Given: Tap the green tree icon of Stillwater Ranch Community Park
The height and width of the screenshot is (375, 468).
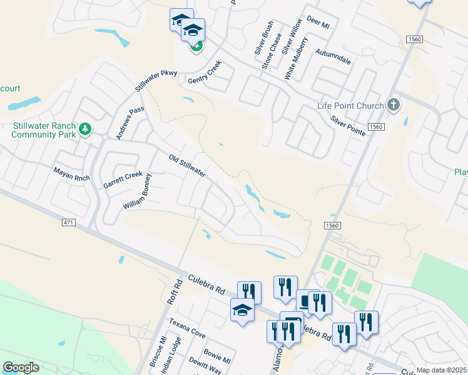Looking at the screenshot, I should [85, 130].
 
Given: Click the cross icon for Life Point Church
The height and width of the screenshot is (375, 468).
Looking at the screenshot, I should [393, 104].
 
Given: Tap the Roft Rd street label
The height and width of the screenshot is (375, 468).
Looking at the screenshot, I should [174, 291].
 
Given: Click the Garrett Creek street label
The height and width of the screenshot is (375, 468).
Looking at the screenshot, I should [123, 180].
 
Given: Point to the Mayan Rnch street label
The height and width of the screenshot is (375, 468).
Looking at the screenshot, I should [72, 174].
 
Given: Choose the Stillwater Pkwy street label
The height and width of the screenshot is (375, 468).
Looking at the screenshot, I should [156, 82].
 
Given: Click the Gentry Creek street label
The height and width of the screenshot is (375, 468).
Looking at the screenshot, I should [205, 74].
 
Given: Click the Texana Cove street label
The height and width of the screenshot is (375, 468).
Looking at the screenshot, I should [187, 327].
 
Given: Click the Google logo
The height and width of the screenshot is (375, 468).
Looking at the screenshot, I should [21, 367].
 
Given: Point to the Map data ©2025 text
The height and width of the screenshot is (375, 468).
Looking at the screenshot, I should [441, 370].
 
